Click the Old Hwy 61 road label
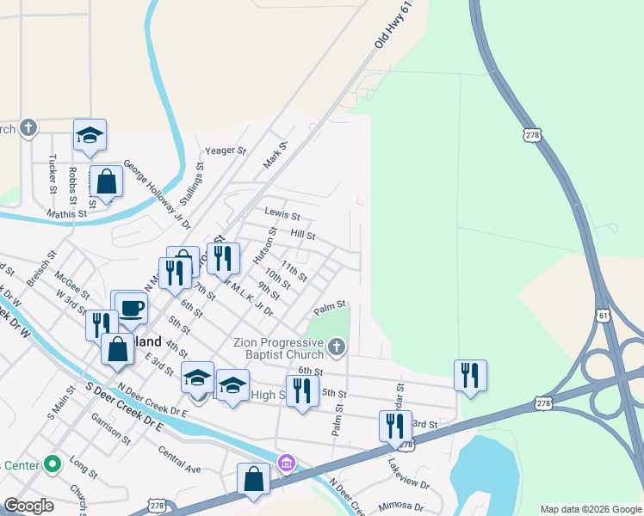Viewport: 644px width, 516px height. click(x=389, y=26)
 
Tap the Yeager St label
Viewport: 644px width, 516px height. click(x=226, y=150)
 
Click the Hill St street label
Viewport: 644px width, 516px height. click(x=303, y=235)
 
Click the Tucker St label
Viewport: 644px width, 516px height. click(x=53, y=174)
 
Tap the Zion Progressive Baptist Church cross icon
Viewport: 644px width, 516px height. click(x=337, y=347)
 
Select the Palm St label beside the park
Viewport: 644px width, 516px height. click(x=329, y=305)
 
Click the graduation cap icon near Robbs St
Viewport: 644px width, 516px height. click(x=90, y=135)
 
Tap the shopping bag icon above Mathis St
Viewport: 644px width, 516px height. click(x=106, y=182)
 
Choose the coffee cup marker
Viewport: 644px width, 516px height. click(x=131, y=307)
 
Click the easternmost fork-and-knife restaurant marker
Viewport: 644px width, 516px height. click(x=470, y=375)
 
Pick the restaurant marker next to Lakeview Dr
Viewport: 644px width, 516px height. click(x=395, y=427)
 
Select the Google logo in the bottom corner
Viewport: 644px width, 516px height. click(x=28, y=506)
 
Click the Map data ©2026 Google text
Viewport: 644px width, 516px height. click(x=591, y=509)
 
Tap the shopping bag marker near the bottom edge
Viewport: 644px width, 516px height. click(x=254, y=480)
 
